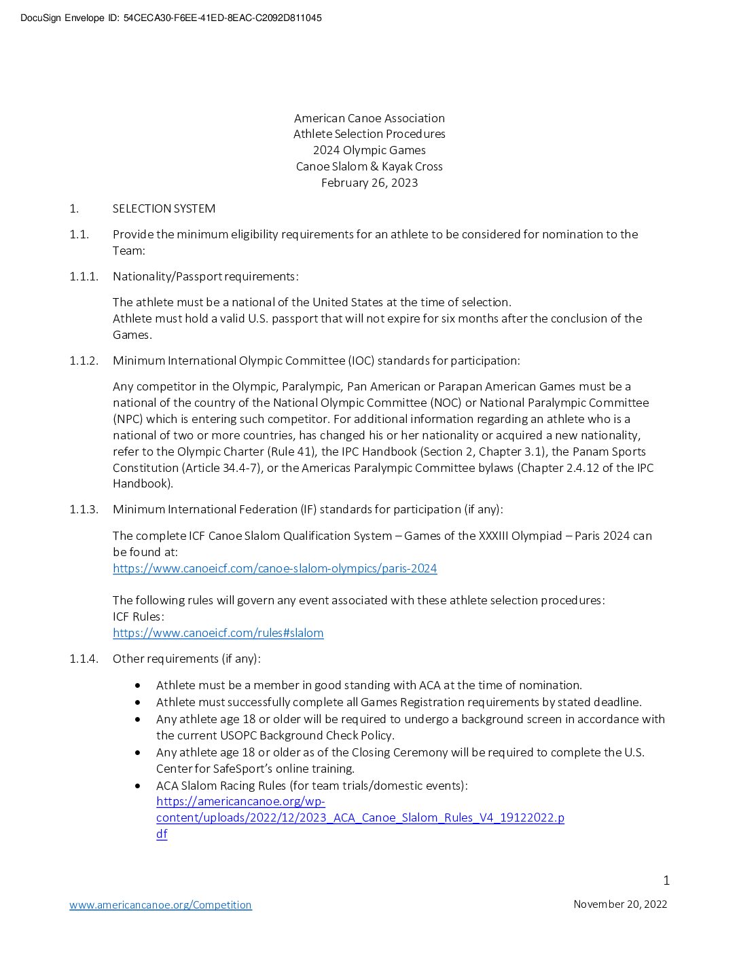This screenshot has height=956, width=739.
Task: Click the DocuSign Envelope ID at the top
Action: [x=171, y=18]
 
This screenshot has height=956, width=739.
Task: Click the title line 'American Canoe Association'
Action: [x=369, y=118]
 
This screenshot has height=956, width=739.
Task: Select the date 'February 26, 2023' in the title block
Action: [x=369, y=183]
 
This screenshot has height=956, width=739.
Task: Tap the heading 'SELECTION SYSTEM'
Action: [x=164, y=208]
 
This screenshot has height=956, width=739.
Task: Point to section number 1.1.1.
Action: [x=84, y=276]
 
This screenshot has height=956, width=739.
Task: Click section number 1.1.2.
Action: [x=84, y=361]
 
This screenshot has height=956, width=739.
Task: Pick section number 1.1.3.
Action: [x=84, y=509]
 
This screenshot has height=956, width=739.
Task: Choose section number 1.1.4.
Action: [x=84, y=659]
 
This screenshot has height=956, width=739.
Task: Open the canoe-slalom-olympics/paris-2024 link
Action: [x=275, y=568]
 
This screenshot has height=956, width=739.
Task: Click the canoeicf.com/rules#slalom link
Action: [x=218, y=633]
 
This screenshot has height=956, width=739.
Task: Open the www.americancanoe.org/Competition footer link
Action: [x=160, y=904]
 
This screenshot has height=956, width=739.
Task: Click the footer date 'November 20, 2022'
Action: [x=620, y=904]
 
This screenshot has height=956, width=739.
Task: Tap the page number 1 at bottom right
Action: [x=666, y=881]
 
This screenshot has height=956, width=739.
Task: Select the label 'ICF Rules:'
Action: [x=139, y=617]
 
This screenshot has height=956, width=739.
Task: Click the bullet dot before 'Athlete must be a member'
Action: [x=139, y=686]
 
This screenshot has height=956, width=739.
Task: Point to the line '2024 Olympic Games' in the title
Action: [x=369, y=150]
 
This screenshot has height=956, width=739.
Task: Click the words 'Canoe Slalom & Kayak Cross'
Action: [x=369, y=166]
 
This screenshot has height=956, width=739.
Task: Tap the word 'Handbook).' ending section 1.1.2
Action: [x=143, y=483]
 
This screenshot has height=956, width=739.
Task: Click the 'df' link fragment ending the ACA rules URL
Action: [x=162, y=834]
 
